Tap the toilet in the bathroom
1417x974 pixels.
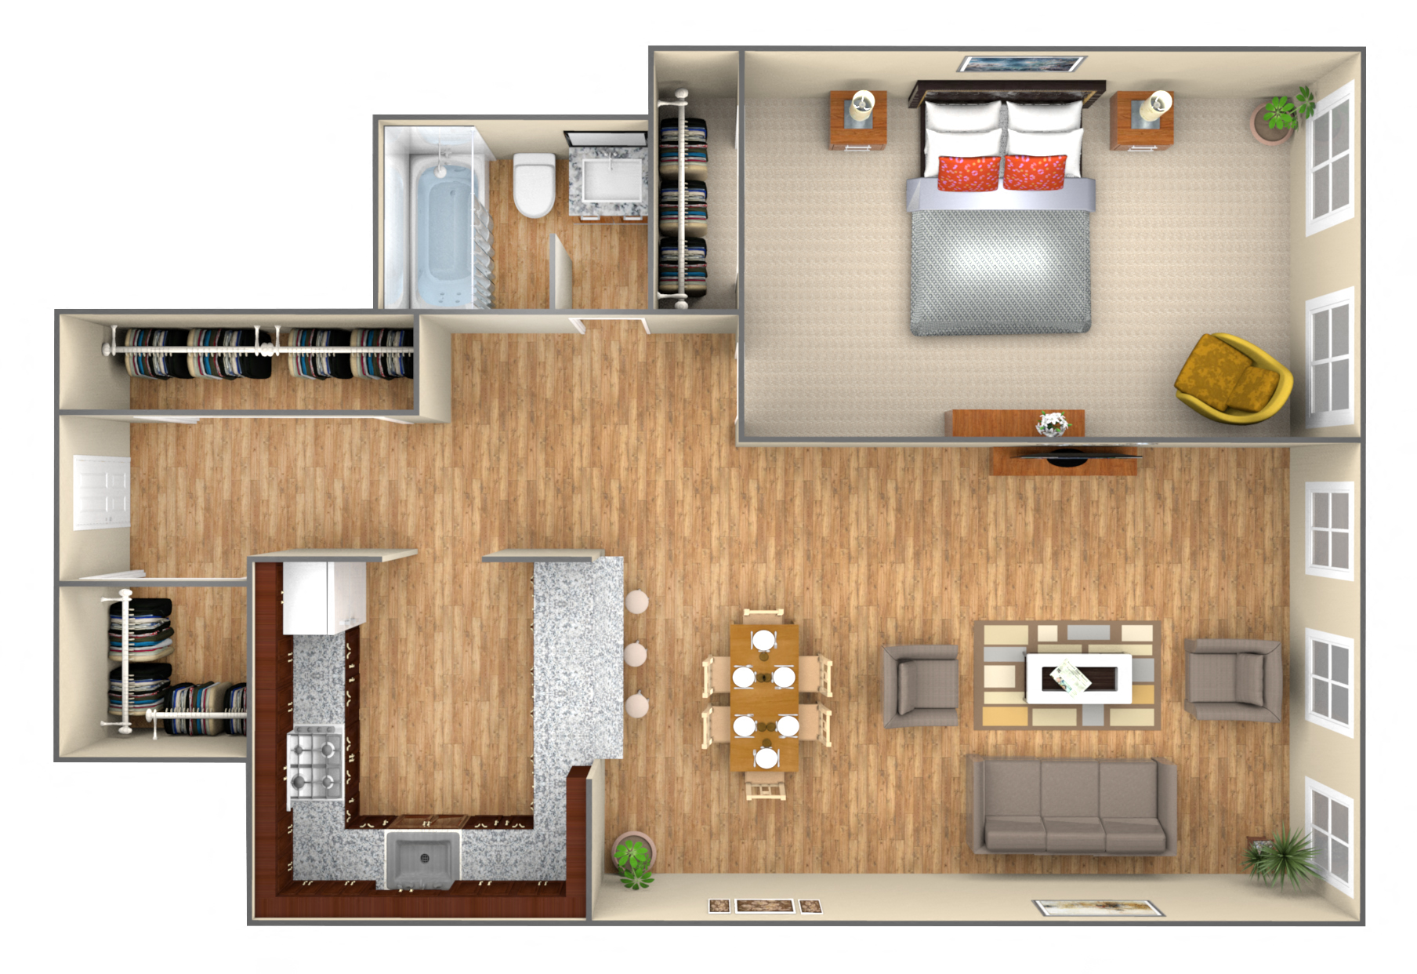click(x=534, y=185)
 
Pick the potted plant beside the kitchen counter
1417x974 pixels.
click(x=633, y=858)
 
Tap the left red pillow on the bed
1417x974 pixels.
click(x=969, y=173)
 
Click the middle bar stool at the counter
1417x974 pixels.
click(x=636, y=652)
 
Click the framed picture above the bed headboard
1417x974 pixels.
click(x=1022, y=64)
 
